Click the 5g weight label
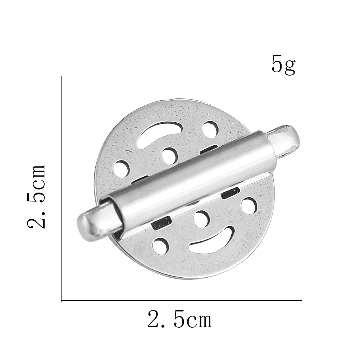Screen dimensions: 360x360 [283, 65]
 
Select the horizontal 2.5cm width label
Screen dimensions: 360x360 [179, 320]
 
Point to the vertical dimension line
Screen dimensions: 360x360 [62, 187]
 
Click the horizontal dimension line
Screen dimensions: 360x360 [180, 300]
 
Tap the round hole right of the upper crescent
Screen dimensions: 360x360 [210, 129]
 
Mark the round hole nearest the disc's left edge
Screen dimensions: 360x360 [121, 168]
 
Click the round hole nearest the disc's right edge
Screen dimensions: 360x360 [249, 205]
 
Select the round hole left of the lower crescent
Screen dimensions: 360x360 [160, 246]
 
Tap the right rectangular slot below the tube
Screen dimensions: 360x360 [230, 193]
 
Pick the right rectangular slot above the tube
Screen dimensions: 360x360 [209, 149]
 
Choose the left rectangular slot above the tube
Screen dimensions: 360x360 [140, 179]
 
